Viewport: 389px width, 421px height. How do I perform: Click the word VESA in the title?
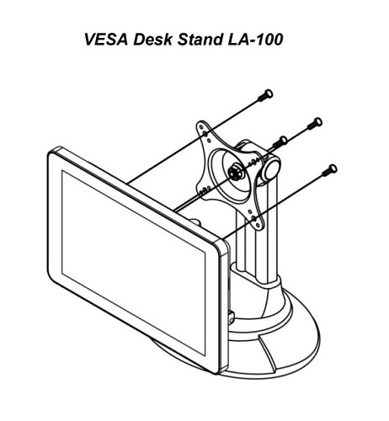click(106, 40)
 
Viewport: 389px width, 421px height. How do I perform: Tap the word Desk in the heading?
click(152, 40)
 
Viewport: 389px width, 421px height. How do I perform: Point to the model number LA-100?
click(255, 40)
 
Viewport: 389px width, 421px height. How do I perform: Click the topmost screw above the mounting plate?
click(265, 95)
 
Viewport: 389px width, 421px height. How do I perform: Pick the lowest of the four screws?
click(329, 170)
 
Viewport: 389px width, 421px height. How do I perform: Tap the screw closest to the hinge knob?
click(280, 142)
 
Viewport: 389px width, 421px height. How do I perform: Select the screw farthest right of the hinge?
click(315, 124)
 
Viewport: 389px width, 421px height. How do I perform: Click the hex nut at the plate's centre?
click(233, 172)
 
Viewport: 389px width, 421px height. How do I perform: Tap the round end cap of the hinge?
click(272, 168)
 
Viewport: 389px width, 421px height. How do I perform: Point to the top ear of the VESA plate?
click(204, 130)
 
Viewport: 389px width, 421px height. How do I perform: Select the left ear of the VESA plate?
click(203, 189)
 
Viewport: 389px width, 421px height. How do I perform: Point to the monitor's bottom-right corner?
click(221, 367)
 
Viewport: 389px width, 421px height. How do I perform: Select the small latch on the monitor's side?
click(232, 318)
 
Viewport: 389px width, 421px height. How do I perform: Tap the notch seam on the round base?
click(269, 353)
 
